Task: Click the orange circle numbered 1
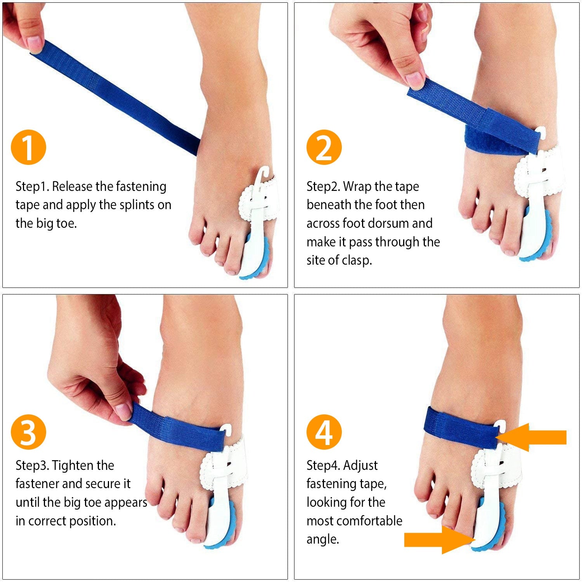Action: (28, 147)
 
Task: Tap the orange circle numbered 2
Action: (324, 147)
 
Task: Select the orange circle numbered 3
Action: (28, 432)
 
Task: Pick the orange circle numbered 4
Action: (324, 432)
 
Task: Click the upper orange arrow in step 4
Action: (531, 437)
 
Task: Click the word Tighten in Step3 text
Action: (73, 466)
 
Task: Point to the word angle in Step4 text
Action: (322, 540)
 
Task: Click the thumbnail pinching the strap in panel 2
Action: (415, 80)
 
